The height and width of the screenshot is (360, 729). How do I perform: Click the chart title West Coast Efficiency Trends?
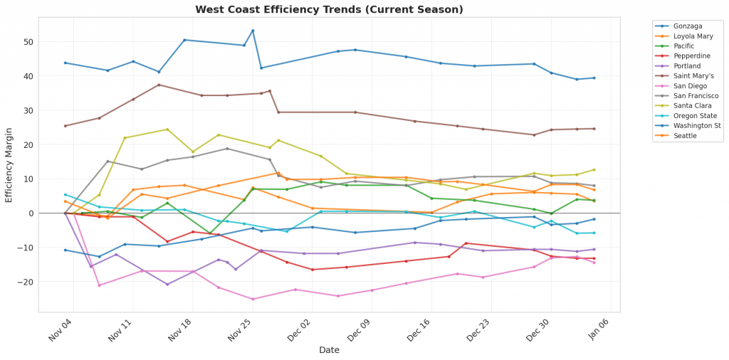pos(329,9)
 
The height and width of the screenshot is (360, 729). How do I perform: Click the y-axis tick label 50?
pos(29,42)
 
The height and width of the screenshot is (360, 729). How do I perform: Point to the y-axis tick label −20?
pos(26,282)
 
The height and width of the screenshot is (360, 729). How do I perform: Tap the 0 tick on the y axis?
pos(31,213)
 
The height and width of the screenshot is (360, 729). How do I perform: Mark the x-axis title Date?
pos(329,350)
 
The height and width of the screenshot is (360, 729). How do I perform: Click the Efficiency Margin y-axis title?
pos(9,165)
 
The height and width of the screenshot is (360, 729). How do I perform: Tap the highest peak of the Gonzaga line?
pos(253,31)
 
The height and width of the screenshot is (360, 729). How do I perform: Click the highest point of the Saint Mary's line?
pos(159,85)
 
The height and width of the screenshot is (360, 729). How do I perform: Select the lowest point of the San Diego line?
pos(253,299)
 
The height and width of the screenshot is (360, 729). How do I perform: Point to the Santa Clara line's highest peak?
pos(167,129)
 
